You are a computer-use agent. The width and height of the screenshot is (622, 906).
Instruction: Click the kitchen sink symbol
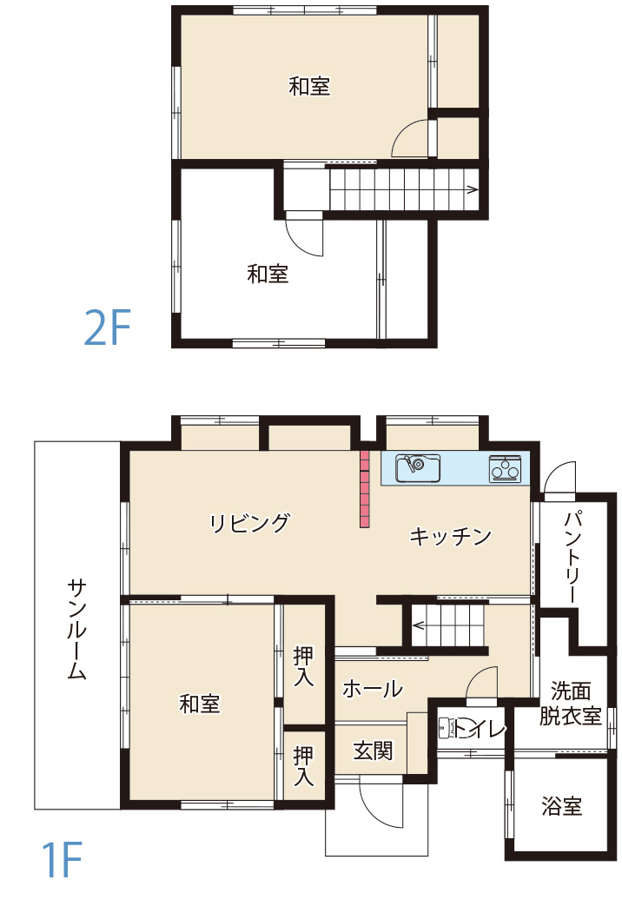coord(418,467)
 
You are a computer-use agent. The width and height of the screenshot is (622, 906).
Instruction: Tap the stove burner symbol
coord(505,467)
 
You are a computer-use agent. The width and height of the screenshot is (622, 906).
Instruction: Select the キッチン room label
coord(450,536)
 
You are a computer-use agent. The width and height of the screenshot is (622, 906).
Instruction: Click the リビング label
coord(249,523)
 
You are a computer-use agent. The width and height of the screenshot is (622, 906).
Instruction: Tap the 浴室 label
coord(561,806)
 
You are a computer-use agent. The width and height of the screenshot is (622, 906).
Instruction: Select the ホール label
coord(373,689)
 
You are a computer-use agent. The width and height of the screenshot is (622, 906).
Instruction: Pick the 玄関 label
coord(373,751)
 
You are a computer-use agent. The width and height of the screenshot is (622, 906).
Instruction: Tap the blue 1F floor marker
coord(60,860)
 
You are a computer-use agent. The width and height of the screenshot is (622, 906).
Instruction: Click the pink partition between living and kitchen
coord(365,488)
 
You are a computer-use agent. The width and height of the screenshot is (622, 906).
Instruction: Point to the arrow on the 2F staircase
coord(472,188)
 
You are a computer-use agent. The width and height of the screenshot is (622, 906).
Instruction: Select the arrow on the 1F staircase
coord(418,624)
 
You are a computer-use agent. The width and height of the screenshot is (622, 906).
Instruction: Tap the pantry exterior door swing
coord(559,478)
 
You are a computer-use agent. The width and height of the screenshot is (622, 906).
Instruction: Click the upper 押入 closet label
coord(303,665)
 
